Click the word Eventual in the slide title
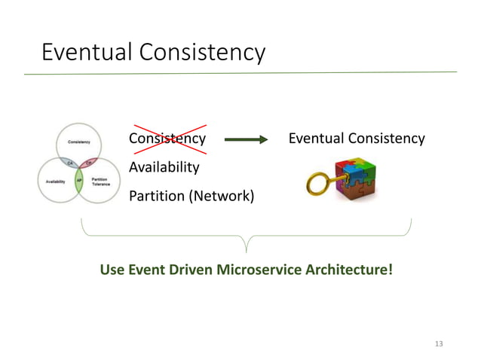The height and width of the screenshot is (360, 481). click(x=84, y=52)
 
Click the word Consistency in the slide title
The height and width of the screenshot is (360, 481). click(x=198, y=52)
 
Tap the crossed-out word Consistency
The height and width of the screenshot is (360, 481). click(x=167, y=139)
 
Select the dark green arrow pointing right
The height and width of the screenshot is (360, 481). click(x=246, y=139)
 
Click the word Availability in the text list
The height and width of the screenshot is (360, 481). click(x=164, y=166)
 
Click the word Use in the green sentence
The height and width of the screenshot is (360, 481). click(x=112, y=269)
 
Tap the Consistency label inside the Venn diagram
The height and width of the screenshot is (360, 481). click(x=81, y=142)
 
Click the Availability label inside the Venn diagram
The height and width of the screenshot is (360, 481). click(x=55, y=182)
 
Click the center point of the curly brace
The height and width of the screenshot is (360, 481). click(x=246, y=245)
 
